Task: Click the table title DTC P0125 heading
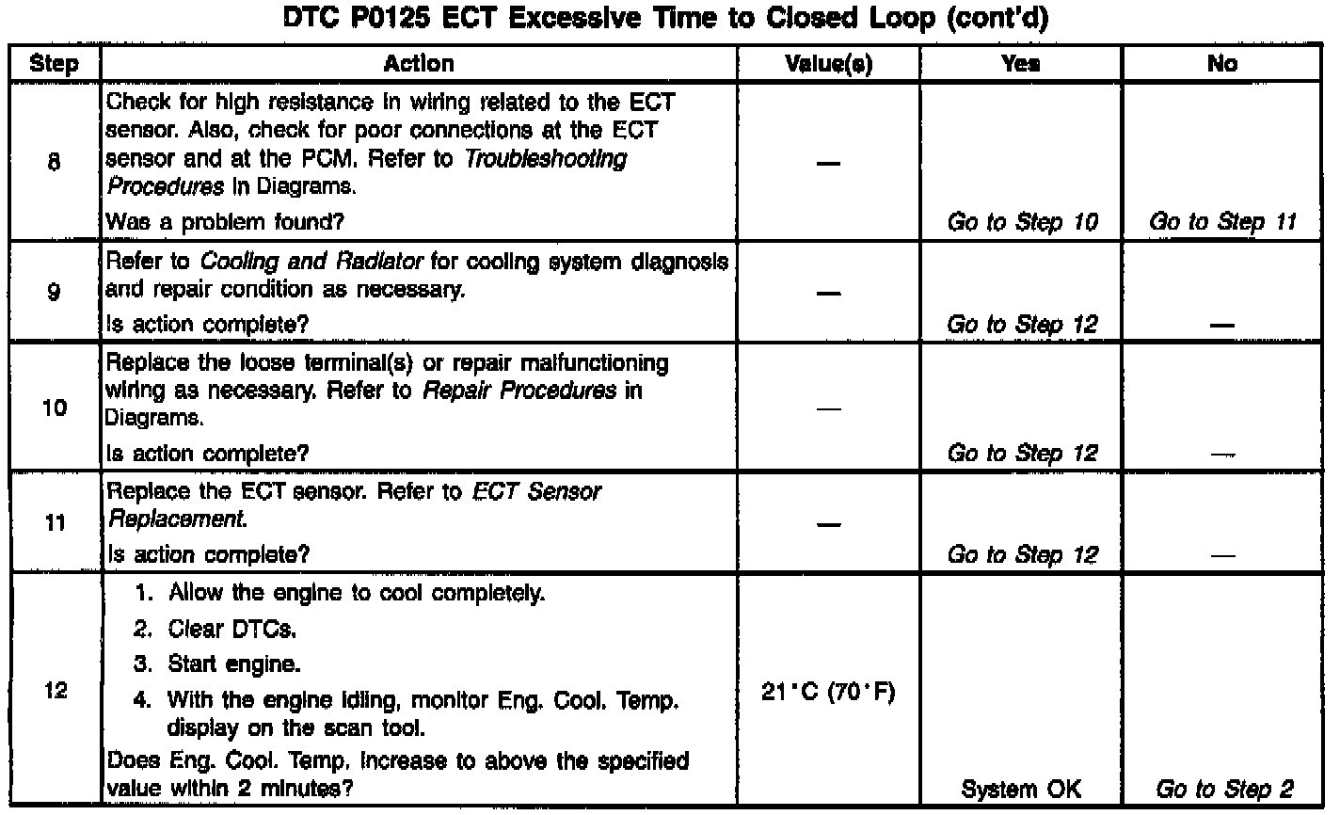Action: (665, 21)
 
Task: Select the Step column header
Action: (54, 64)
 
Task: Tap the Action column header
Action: (419, 64)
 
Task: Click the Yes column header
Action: (1021, 64)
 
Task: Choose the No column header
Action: (1222, 64)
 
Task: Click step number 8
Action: (54, 163)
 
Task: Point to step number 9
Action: (54, 293)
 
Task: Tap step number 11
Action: (54, 523)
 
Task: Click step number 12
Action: (54, 692)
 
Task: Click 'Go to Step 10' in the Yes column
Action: (1022, 223)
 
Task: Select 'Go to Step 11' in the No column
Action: (1222, 223)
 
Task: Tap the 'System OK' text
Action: (1022, 789)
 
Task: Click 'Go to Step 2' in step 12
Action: (1224, 789)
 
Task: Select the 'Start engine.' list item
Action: (234, 663)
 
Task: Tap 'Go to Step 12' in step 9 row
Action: (1022, 325)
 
